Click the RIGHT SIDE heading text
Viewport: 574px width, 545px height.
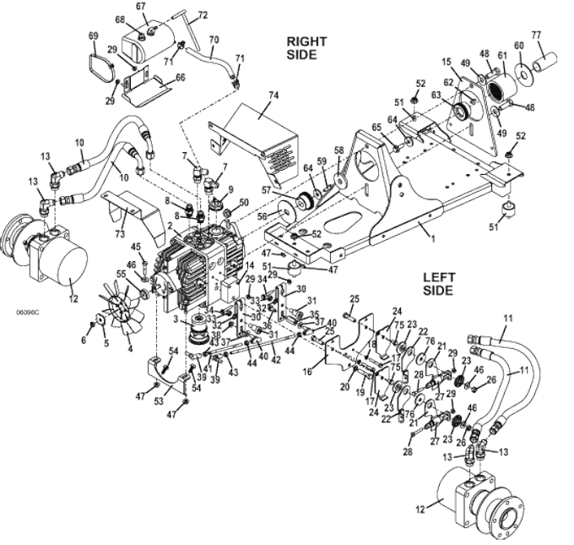click(x=301, y=47)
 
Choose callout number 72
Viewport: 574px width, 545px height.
click(x=203, y=14)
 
